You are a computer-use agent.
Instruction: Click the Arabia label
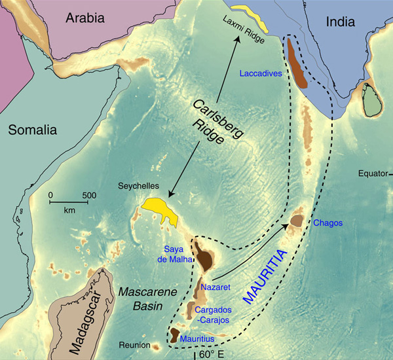[85, 18]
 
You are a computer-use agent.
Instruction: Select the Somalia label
[33, 130]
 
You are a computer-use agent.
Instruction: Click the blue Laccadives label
[261, 74]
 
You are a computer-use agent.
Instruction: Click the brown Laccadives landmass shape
[298, 65]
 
